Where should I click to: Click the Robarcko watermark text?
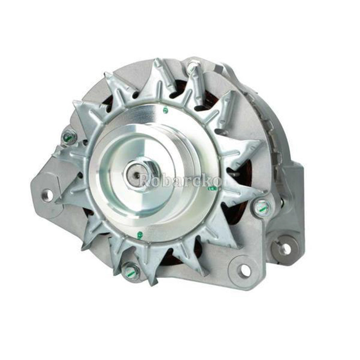click(x=181, y=181)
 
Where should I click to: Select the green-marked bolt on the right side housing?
click(x=261, y=207)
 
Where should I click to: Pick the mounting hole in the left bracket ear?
click(x=47, y=194)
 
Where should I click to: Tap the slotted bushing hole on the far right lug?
click(x=285, y=248)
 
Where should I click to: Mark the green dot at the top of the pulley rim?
click(x=165, y=111)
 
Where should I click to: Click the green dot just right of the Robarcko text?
click(x=212, y=189)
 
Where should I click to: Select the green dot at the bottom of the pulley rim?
click(x=140, y=234)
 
